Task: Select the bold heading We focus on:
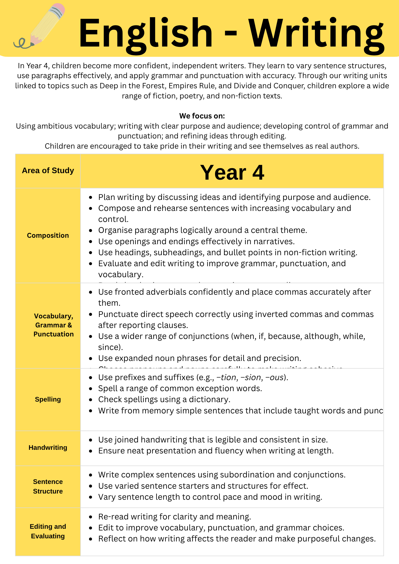[x=202, y=116]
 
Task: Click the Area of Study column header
[x=48, y=171]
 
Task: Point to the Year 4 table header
[x=232, y=172]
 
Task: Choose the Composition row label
[x=48, y=235]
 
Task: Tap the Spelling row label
[x=48, y=399]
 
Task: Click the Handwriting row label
[x=48, y=448]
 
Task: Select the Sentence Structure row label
[x=48, y=486]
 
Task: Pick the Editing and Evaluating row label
[x=48, y=531]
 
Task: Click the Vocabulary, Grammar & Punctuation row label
[x=53, y=325]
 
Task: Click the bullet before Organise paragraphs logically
[x=91, y=230]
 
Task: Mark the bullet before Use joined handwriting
[x=91, y=440]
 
